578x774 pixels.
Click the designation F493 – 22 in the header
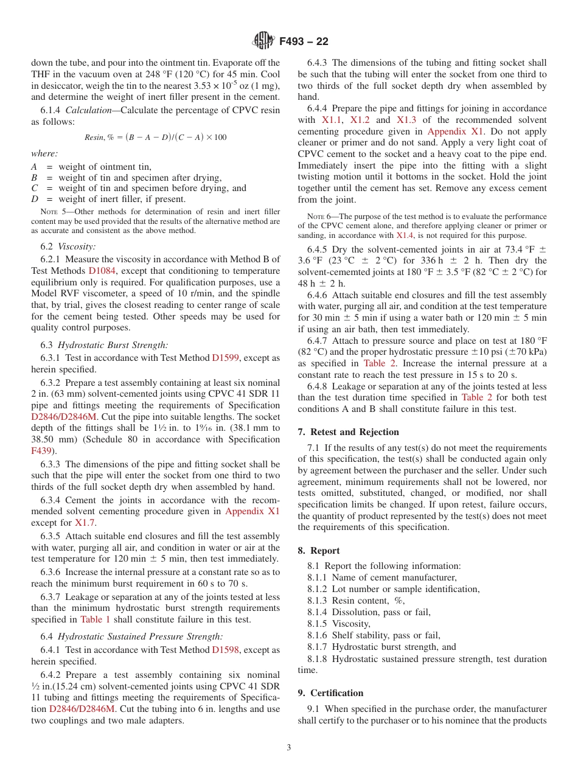pos(304,41)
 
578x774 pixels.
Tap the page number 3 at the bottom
pos(288,747)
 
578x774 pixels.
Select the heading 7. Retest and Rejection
pos(349,432)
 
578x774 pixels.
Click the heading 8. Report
pos(319,551)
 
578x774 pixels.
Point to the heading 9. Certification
pos(330,693)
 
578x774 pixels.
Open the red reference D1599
pos(225,358)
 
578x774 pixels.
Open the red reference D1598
pos(225,650)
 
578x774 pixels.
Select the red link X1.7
pos(85,523)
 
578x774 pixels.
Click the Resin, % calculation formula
pos(155,137)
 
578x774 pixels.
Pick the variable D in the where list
pos(35,199)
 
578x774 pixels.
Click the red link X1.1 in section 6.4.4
pos(332,120)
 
